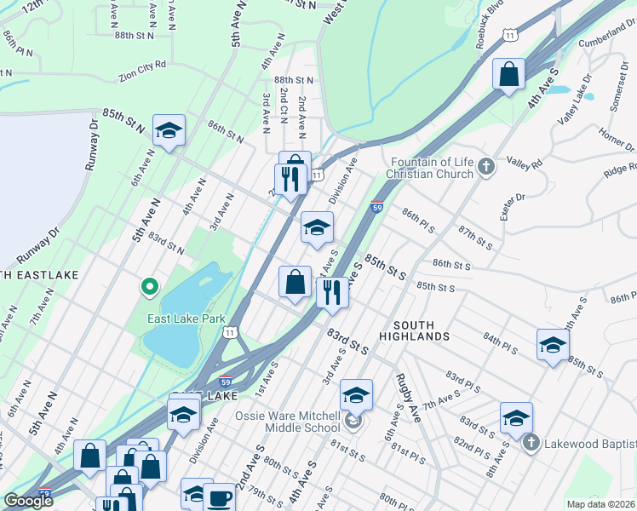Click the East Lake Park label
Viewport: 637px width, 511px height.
point(186,319)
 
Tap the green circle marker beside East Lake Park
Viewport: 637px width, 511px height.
point(149,287)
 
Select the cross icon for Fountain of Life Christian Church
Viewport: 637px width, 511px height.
point(486,167)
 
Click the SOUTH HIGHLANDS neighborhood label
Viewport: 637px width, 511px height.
point(421,331)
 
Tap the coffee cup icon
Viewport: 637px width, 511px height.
point(220,497)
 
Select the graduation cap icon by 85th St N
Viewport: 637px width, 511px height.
point(169,131)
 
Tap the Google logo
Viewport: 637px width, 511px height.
point(28,501)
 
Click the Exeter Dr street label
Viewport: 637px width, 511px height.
point(517,206)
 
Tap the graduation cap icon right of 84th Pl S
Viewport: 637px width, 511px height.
point(553,345)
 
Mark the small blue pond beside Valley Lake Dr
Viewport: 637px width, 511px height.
point(559,89)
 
